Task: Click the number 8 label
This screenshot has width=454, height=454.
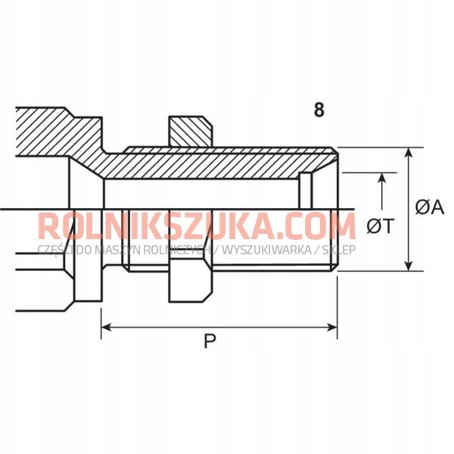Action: point(319,110)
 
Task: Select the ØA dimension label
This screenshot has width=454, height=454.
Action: point(429,207)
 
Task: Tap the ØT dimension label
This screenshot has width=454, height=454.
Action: point(379,225)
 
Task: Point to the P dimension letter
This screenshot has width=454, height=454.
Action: point(210,342)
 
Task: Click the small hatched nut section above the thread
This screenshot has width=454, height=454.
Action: point(189,131)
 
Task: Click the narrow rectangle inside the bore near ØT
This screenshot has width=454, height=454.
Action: point(306,190)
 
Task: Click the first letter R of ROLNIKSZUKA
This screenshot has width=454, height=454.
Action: point(48,226)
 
